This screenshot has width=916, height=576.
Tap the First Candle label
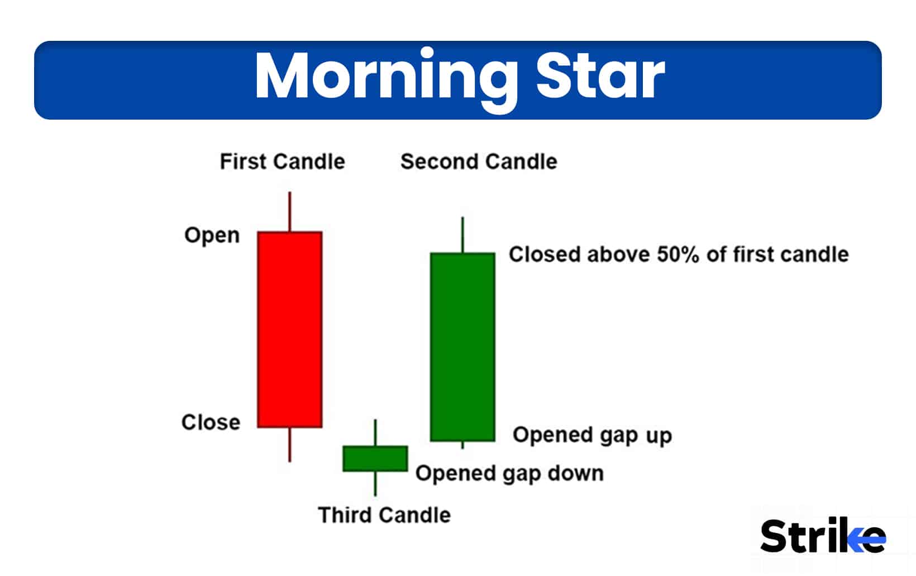click(282, 162)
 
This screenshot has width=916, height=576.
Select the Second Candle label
click(479, 162)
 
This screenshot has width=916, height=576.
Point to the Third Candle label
click(384, 515)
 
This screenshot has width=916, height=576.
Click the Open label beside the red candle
click(212, 235)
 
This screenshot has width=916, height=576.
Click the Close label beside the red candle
click(211, 422)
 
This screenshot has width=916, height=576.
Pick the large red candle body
click(289, 330)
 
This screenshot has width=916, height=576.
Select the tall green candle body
click(462, 347)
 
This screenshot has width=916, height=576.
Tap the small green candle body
click(375, 459)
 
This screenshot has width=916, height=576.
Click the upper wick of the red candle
click(289, 211)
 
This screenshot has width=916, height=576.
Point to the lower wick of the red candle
click(289, 445)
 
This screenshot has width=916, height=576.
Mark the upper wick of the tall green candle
click(462, 235)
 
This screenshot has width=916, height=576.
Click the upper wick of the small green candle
click(375, 432)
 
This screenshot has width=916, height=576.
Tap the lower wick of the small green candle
click(375, 484)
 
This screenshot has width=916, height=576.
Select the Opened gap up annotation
click(592, 435)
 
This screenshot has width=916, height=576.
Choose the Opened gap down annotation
click(509, 474)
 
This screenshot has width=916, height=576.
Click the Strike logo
click(822, 536)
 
